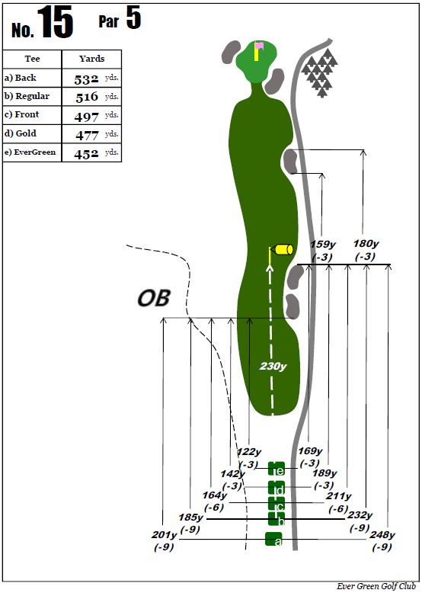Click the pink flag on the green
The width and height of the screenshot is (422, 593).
[x=259, y=46]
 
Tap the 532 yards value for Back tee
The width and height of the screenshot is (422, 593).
[x=87, y=79]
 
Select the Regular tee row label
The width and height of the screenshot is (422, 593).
[x=27, y=96]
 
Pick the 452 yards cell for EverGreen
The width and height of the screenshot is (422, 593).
[x=87, y=154]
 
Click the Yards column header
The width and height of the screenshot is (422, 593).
[x=92, y=59]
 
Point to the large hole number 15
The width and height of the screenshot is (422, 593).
[x=55, y=22]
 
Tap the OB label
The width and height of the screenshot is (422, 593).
[x=154, y=298]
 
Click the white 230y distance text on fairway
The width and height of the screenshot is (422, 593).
[x=273, y=366]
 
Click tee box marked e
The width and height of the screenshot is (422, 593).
[x=277, y=469]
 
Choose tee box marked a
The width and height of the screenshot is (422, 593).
[x=273, y=539]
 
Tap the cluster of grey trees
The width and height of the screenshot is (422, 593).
[x=320, y=72]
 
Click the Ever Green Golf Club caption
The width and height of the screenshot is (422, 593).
[x=376, y=586]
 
